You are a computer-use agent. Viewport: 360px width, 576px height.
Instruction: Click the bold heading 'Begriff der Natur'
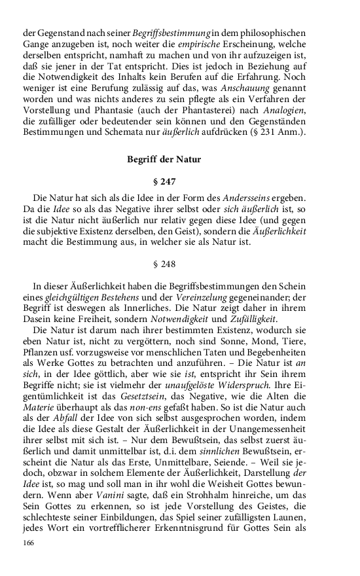(x=164, y=159)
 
